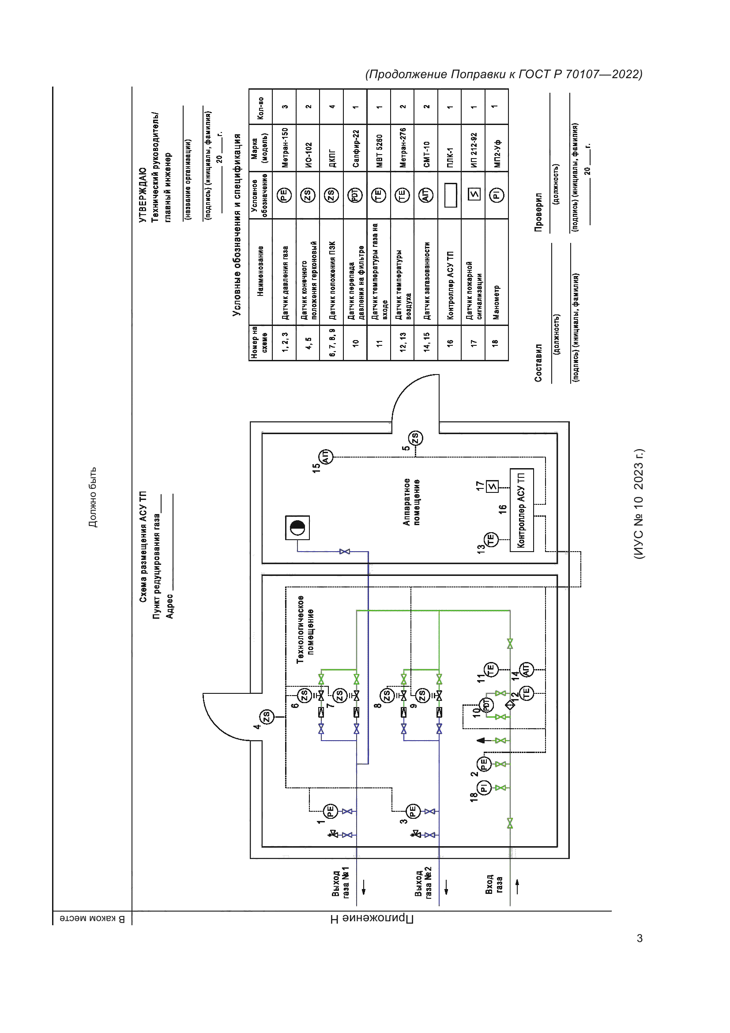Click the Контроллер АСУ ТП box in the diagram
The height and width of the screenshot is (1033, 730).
[x=521, y=510]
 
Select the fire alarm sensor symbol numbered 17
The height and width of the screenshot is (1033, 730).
[x=493, y=486]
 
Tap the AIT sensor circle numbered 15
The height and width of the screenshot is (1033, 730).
[x=325, y=457]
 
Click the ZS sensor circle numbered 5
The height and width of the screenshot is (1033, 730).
[x=415, y=438]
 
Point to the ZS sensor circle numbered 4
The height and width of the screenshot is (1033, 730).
[x=267, y=716]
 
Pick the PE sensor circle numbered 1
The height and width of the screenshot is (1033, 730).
[x=330, y=811]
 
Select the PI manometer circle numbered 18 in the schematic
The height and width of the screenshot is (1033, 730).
[x=484, y=787]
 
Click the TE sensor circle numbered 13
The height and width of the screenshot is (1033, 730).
[x=491, y=539]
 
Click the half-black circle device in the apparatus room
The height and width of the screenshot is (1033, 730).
[x=297, y=527]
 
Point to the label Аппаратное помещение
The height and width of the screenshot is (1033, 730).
[x=411, y=502]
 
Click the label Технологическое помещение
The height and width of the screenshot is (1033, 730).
[x=305, y=629]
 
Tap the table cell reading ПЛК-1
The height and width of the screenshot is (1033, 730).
[x=449, y=157]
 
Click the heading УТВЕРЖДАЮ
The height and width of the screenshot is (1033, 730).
[x=143, y=195]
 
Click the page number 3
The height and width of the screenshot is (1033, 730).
[x=639, y=938]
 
